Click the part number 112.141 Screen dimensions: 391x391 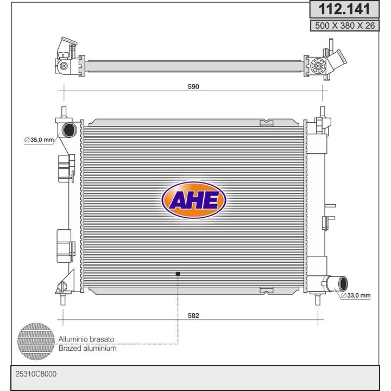pos(344,9)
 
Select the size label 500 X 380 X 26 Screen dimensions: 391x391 pos(345,26)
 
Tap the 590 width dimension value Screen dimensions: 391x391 pos(193,86)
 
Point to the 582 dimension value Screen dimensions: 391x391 pos(193,316)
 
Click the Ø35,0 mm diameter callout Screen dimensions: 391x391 pos(39,140)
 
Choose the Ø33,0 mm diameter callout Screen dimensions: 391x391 pos(355,295)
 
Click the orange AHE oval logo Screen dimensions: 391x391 pos(194,200)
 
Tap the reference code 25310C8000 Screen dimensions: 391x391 pos(36,374)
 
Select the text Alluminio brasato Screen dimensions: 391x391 pos(86,339)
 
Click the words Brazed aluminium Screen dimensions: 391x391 pos(87,348)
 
